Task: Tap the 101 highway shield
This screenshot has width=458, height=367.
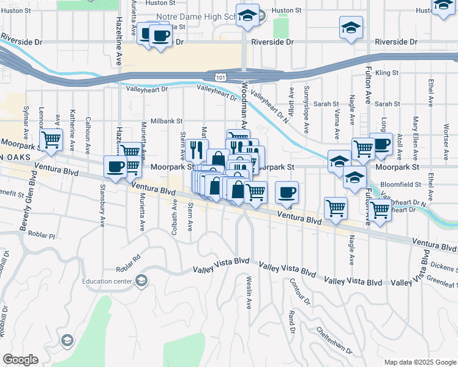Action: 220,76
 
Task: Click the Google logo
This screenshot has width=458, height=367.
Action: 20,359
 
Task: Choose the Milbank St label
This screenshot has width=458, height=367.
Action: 165,121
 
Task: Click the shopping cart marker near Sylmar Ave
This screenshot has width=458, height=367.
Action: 51,139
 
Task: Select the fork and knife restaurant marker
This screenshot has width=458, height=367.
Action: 197,149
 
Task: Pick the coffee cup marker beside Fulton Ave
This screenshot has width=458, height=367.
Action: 381,144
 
